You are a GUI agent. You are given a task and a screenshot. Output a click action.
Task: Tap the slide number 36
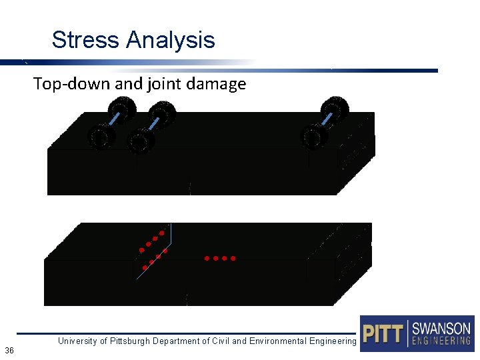click(x=9, y=351)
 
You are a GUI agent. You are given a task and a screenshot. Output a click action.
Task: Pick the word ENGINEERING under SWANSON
click(x=441, y=341)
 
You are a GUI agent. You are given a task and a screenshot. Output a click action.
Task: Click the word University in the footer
click(x=78, y=341)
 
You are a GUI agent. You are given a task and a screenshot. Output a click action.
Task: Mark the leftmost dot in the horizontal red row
click(x=207, y=258)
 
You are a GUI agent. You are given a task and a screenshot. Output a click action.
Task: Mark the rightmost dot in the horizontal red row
click(x=233, y=258)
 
